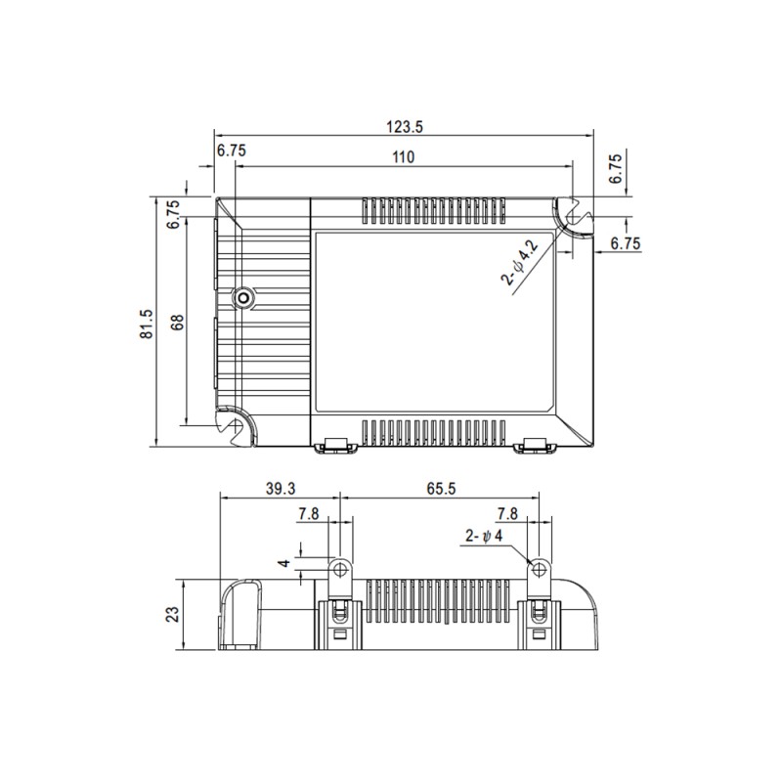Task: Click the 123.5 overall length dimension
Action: (x=404, y=127)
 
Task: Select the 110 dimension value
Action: (x=404, y=156)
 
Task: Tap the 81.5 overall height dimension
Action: (x=147, y=323)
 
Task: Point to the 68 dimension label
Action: (x=177, y=323)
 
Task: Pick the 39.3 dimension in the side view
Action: (x=280, y=488)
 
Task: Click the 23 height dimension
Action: (x=172, y=615)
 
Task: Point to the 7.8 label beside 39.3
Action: (x=309, y=513)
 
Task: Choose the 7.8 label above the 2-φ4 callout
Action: (x=507, y=513)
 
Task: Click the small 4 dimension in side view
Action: (x=283, y=564)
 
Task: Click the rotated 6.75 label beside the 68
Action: (x=173, y=214)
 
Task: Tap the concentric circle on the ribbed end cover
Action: (x=241, y=297)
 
